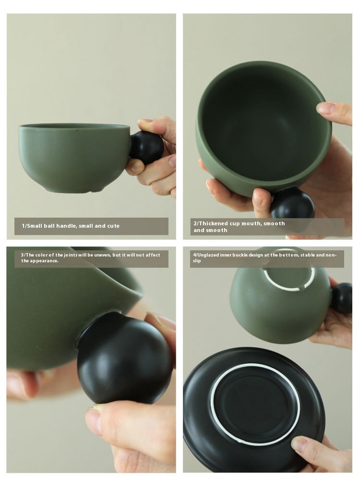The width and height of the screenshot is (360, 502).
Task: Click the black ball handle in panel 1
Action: [x=146, y=147]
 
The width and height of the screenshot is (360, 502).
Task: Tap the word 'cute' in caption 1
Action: [x=113, y=226]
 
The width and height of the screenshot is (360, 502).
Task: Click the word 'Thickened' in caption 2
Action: [x=214, y=223]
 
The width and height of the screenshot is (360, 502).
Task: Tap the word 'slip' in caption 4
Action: [x=197, y=260]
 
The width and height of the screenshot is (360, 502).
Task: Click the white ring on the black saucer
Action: [x=255, y=404]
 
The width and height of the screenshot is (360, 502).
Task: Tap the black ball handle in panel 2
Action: [x=292, y=203]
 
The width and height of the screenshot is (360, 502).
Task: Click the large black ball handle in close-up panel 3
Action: [x=124, y=358]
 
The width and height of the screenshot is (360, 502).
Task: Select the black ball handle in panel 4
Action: [x=342, y=298]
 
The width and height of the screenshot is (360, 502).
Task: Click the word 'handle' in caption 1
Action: [x=66, y=226]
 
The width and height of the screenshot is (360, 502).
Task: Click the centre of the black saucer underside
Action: [x=255, y=404]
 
